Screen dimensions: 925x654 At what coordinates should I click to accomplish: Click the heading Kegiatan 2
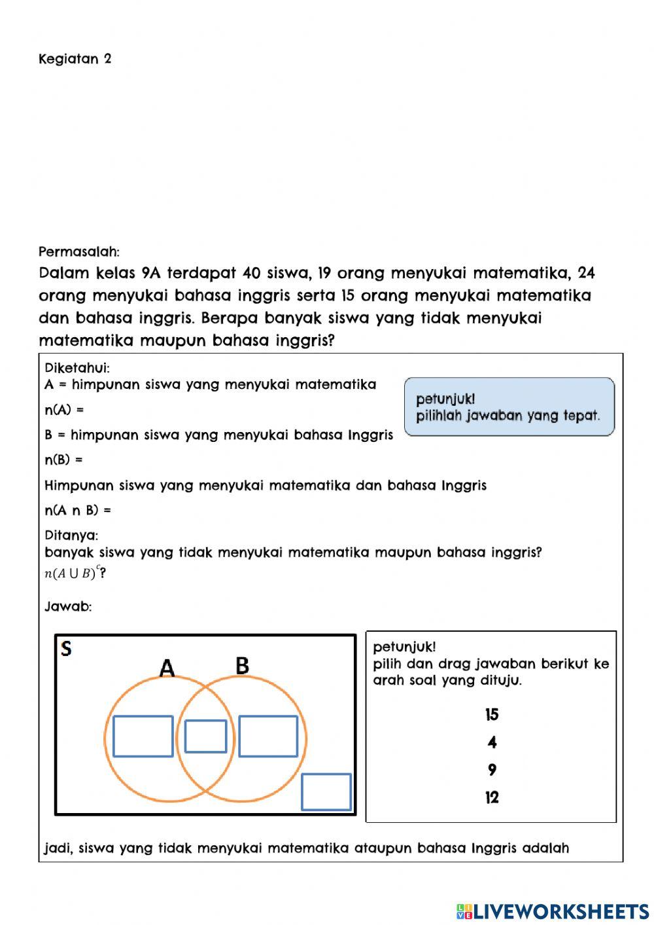[x=75, y=59]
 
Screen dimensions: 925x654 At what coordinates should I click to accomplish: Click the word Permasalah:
[x=78, y=251]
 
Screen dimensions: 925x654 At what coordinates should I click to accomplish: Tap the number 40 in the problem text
[x=252, y=273]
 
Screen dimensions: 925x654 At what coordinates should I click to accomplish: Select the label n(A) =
[x=64, y=410]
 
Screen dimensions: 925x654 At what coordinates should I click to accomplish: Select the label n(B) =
[x=63, y=460]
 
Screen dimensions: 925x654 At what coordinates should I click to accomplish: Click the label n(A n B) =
[x=77, y=510]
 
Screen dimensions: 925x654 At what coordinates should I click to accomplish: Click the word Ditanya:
[x=71, y=535]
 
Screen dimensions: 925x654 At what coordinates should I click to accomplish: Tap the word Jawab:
[x=68, y=606]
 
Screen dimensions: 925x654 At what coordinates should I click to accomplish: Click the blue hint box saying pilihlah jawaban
[x=509, y=407]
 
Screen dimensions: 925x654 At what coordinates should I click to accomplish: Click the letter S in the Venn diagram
[x=66, y=649]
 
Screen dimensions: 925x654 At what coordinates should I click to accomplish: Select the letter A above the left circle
[x=167, y=668]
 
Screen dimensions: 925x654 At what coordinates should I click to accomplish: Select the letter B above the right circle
[x=242, y=666]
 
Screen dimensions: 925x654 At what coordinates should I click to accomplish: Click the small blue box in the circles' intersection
[x=205, y=736]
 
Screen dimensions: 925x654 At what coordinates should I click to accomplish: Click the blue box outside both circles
[x=326, y=791]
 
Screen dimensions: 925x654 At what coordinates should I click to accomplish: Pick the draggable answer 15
[x=492, y=714]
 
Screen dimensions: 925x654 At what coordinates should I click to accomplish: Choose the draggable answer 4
[x=492, y=742]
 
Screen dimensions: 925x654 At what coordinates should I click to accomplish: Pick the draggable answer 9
[x=492, y=770]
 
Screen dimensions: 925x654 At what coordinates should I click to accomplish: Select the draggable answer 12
[x=492, y=797]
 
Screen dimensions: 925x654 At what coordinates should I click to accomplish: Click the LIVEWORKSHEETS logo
[x=553, y=911]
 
